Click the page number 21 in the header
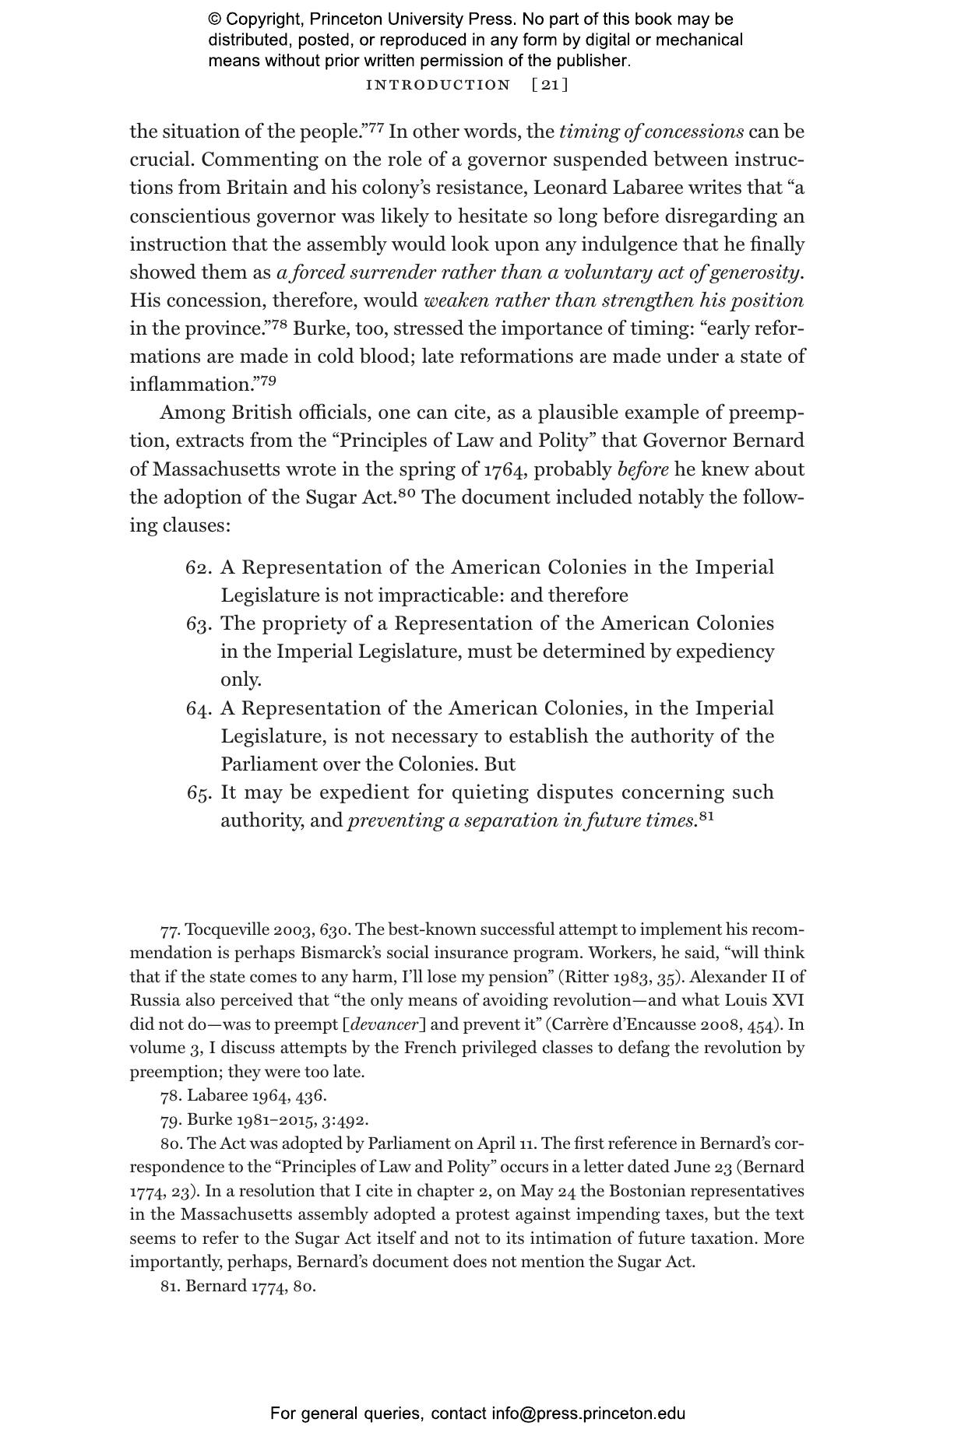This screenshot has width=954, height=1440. (550, 85)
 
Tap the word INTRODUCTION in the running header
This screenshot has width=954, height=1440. (438, 85)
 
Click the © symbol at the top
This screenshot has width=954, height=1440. (214, 19)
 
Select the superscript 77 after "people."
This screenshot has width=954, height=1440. (375, 128)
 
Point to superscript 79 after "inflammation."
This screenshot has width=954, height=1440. (267, 381)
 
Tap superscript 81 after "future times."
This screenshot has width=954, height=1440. (706, 816)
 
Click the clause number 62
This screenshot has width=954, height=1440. (198, 567)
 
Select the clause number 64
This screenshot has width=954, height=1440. (198, 709)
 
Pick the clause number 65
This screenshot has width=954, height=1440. (199, 793)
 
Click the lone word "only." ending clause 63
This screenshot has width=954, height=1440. (241, 680)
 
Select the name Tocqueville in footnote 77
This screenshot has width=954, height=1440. (227, 929)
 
